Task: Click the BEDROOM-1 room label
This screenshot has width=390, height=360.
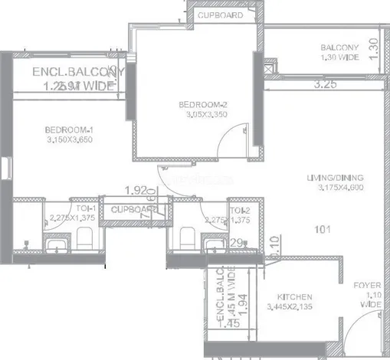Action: coord(69,129)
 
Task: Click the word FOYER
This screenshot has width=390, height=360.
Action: coord(368,286)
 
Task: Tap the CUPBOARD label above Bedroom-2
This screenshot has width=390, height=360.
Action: coord(221,15)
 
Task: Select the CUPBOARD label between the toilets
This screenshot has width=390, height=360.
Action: coord(131,209)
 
